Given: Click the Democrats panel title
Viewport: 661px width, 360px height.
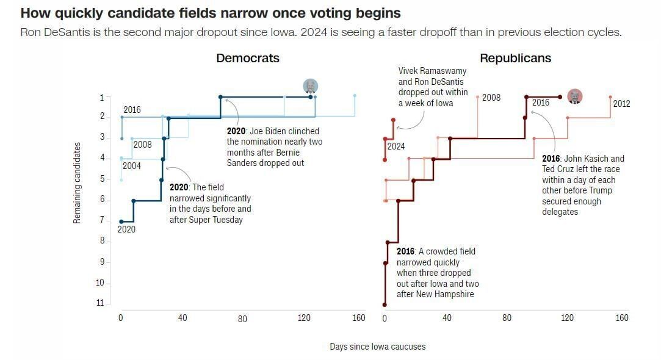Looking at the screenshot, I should pyautogui.click(x=247, y=58).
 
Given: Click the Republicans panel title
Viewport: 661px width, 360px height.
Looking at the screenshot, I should pyautogui.click(x=515, y=58).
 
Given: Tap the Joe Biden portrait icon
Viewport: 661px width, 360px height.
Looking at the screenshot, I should pyautogui.click(x=311, y=86).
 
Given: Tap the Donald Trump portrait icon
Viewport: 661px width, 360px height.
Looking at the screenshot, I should pyautogui.click(x=574, y=96).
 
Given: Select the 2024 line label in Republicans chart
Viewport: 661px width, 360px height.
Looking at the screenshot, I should pyautogui.click(x=396, y=146).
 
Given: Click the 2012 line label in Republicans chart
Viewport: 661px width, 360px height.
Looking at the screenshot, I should pyautogui.click(x=621, y=104).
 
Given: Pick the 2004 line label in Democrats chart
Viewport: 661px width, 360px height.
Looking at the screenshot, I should pyautogui.click(x=131, y=165).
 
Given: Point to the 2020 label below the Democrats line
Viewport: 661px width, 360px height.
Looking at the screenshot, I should pyautogui.click(x=126, y=229).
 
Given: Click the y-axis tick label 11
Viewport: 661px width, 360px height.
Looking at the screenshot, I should pyautogui.click(x=100, y=303).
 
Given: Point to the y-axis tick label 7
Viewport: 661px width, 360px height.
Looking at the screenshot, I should pyautogui.click(x=102, y=220).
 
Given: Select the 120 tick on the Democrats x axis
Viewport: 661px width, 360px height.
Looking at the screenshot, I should pyautogui.click(x=303, y=318).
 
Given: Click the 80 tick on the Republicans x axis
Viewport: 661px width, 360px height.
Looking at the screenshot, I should pyautogui.click(x=507, y=318).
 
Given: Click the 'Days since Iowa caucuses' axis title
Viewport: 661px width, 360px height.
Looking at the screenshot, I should pyautogui.click(x=377, y=347).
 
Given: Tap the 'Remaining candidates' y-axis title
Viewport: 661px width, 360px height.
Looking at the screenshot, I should pyautogui.click(x=77, y=182).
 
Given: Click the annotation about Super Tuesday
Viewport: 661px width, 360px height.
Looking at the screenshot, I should pyautogui.click(x=210, y=203).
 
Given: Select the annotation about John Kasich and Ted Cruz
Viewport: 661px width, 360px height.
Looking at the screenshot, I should pyautogui.click(x=583, y=185).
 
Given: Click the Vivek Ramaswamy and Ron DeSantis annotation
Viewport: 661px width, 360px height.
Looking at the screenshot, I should pyautogui.click(x=433, y=87).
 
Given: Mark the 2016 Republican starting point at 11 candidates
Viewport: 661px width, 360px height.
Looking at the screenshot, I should pyautogui.click(x=385, y=304).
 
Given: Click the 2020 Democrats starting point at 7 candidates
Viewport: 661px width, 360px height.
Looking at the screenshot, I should pyautogui.click(x=121, y=221).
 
